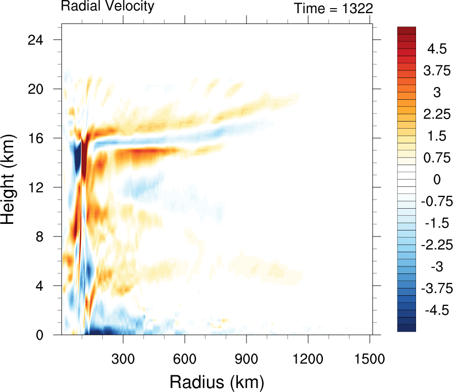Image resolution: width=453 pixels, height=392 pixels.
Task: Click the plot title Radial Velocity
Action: coord(107,7)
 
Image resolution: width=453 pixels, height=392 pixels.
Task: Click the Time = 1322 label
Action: coord(334,8)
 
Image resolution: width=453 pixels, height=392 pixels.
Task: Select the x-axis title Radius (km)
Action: coord(217,381)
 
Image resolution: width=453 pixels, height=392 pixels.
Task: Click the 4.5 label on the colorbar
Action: coord(436,49)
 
